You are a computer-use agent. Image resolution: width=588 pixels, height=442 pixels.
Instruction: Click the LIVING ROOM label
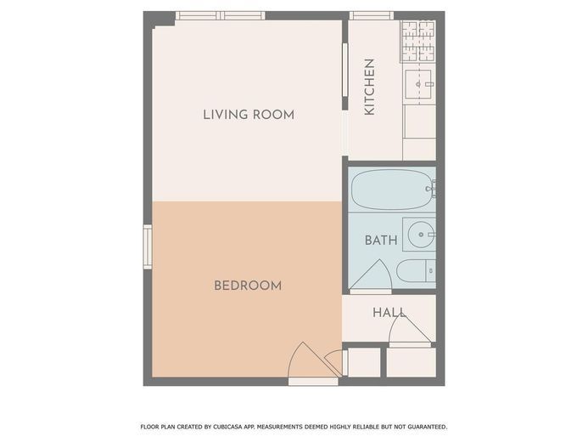[249, 115]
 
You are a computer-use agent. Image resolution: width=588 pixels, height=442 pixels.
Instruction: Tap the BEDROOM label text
[248, 286]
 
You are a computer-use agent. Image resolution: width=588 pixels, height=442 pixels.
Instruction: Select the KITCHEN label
[369, 87]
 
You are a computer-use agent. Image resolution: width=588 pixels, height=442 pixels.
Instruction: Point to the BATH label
[381, 240]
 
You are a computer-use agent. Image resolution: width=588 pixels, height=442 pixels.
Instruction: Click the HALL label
[389, 312]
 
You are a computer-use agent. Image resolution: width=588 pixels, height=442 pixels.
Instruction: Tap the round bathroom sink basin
[422, 235]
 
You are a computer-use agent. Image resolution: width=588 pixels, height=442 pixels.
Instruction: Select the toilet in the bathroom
[416, 271]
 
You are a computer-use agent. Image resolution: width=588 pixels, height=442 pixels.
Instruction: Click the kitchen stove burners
[418, 42]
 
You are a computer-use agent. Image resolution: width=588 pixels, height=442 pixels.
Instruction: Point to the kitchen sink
[418, 84]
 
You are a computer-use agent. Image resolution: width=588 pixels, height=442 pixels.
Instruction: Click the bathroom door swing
[372, 275]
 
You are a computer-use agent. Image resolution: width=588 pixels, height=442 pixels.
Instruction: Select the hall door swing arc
[410, 329]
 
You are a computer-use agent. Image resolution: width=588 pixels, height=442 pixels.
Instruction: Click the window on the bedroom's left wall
[148, 246]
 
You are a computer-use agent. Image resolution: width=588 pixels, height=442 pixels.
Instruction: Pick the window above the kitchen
[372, 16]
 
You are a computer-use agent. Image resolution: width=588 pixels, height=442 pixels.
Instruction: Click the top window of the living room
[221, 16]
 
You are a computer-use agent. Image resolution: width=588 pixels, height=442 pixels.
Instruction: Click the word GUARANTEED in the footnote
[427, 427]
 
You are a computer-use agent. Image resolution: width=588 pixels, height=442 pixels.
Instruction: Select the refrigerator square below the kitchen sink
[420, 122]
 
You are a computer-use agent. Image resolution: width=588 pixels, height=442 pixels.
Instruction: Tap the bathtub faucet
[431, 189]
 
